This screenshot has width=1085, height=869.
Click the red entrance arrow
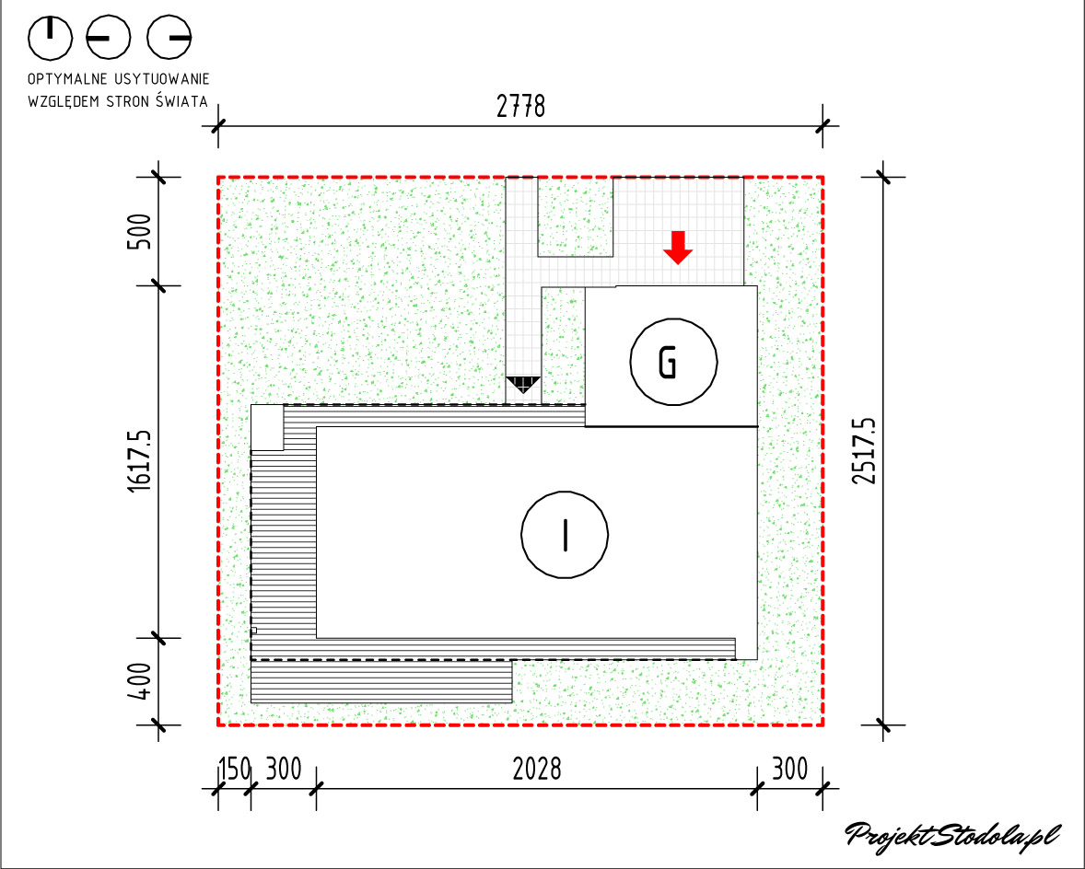click(x=678, y=248)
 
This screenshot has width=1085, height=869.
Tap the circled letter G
click(x=673, y=362)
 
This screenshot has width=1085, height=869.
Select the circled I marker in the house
click(x=565, y=535)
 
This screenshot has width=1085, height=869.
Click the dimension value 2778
click(x=521, y=107)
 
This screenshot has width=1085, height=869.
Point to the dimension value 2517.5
click(x=864, y=451)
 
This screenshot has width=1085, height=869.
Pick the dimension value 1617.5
click(x=140, y=461)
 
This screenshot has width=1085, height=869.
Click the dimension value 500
click(x=140, y=232)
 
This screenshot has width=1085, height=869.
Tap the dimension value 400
click(x=140, y=681)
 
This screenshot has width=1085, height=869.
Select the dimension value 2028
click(x=537, y=769)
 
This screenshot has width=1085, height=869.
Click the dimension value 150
click(x=235, y=769)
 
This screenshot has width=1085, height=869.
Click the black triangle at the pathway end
click(x=523, y=385)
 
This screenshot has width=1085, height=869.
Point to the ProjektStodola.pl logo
click(x=953, y=835)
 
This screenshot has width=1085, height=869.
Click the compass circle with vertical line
click(x=50, y=38)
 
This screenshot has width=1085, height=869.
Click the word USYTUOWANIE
click(x=162, y=79)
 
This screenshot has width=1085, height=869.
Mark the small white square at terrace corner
click(x=267, y=427)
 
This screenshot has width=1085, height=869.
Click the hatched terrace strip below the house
click(x=381, y=681)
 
